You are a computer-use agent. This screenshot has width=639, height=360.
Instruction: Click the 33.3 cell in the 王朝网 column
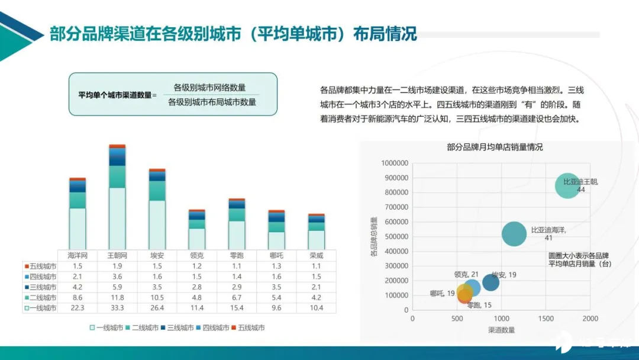[x=117, y=308]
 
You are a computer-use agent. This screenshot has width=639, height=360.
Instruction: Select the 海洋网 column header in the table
[x=78, y=256]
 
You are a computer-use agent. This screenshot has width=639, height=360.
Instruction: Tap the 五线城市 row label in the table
[x=40, y=266]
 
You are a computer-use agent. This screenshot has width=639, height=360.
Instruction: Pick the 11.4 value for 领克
[x=197, y=308]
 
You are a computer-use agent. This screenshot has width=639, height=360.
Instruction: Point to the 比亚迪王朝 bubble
[x=568, y=186]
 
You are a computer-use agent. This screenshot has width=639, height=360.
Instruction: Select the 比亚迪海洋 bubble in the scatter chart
[x=515, y=234]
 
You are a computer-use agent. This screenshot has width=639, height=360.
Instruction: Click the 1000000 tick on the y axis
[x=394, y=163]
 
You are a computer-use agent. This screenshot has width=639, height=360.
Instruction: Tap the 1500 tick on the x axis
[x=546, y=318]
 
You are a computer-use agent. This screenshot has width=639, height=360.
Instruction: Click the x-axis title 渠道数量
[x=501, y=329]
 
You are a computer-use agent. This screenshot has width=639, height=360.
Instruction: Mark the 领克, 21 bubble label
[x=466, y=274]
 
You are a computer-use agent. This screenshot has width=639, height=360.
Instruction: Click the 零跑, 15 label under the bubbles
[x=479, y=306]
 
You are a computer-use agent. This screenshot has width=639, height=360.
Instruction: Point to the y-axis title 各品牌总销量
[x=374, y=236]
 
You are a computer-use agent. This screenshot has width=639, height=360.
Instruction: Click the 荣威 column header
[x=317, y=256]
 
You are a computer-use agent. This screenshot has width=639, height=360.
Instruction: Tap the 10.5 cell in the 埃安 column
[x=157, y=297]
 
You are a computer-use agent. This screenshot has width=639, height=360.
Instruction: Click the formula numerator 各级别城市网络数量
[x=209, y=88]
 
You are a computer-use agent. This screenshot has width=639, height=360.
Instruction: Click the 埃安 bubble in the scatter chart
[x=490, y=282]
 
